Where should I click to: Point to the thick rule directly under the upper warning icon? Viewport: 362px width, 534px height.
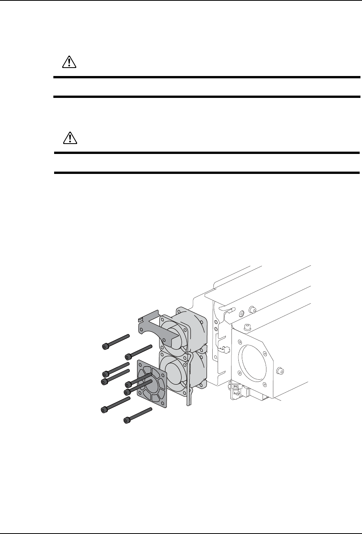(207, 78)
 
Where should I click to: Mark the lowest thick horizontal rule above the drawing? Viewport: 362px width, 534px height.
(207, 173)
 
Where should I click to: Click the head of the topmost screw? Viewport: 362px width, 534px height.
(105, 346)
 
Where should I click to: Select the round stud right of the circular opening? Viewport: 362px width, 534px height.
(279, 371)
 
